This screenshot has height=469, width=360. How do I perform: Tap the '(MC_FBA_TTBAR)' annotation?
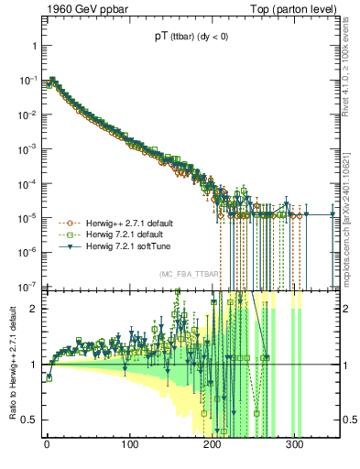point(191,275)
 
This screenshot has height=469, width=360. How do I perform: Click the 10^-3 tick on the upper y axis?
point(28,148)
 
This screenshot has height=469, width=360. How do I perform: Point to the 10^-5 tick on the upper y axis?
point(28,217)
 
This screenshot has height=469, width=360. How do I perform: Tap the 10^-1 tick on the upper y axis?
point(28,80)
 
